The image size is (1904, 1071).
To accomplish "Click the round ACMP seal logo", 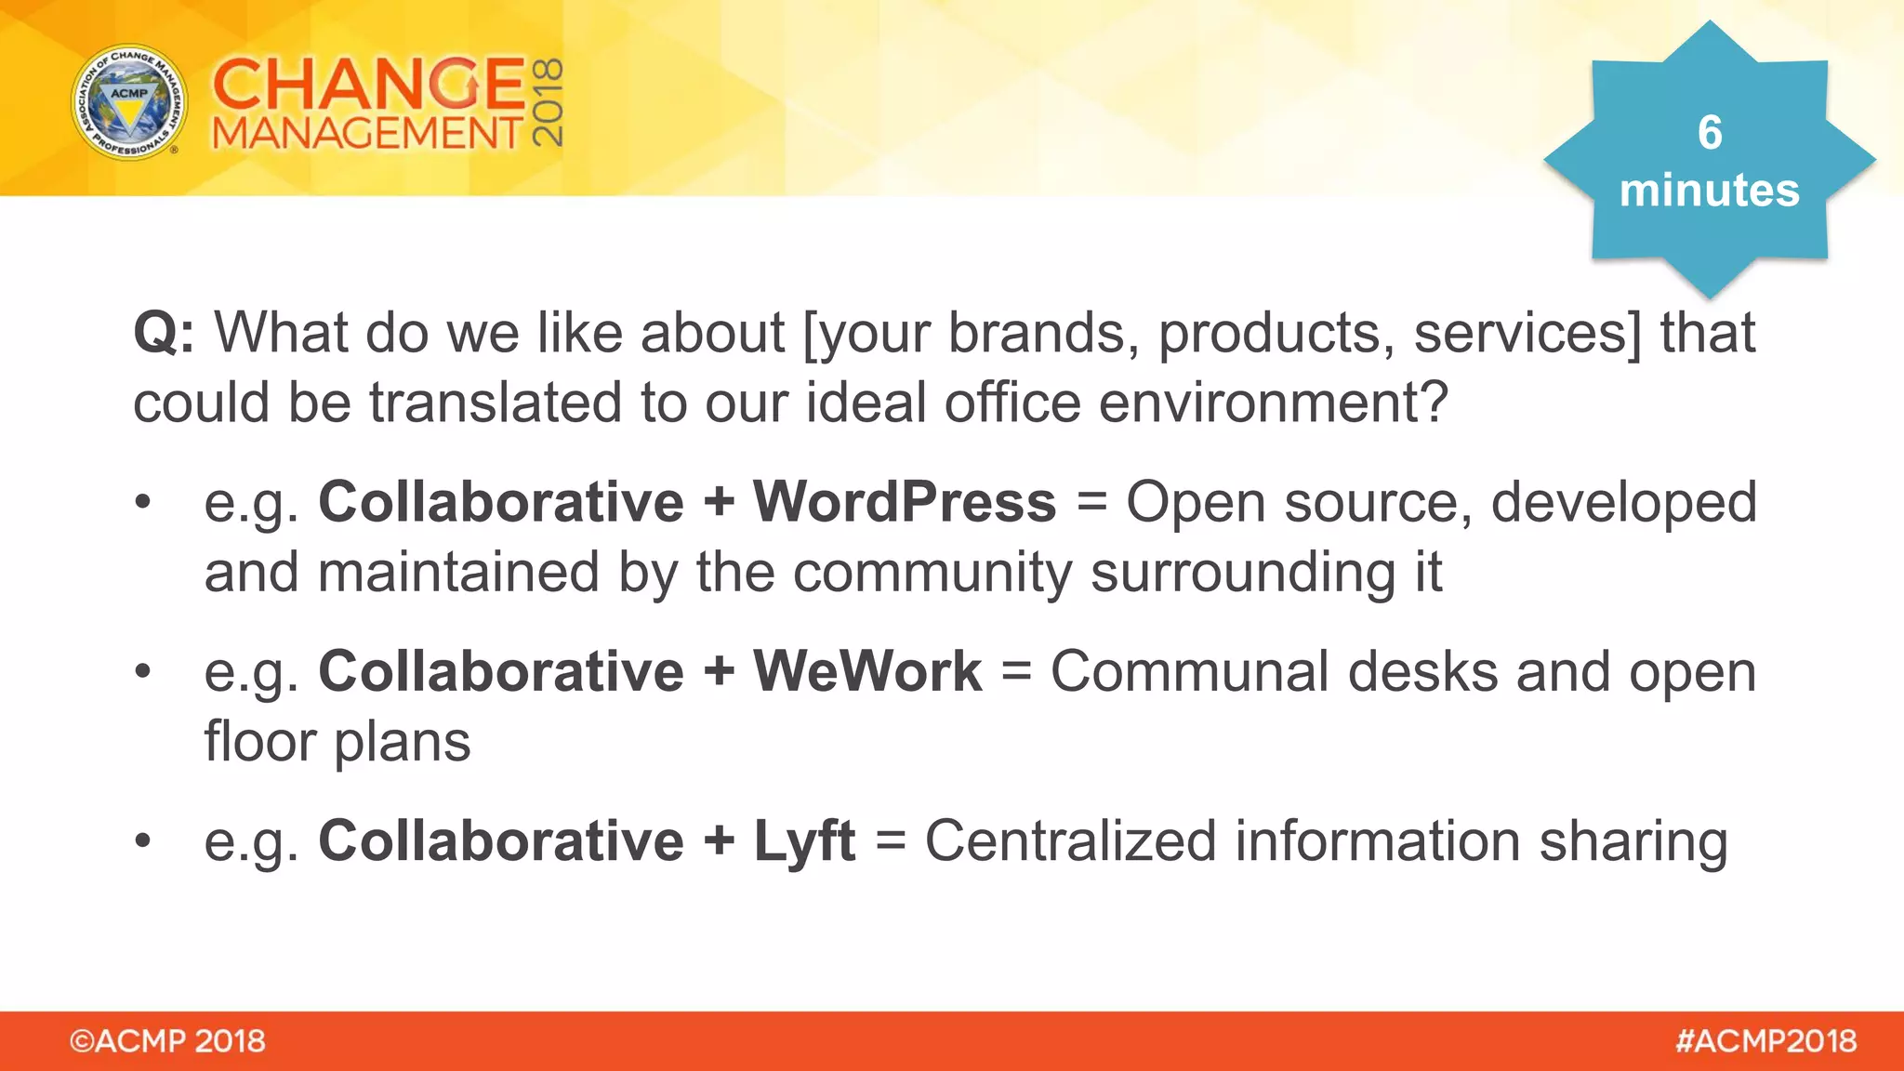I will click(129, 101).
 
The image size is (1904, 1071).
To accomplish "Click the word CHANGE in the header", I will click(368, 84).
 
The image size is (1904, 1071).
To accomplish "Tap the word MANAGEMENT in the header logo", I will click(367, 134).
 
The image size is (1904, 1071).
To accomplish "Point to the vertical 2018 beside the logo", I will click(548, 102).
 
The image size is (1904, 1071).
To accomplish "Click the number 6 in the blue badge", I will click(1709, 132).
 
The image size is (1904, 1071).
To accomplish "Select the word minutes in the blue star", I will click(1709, 190).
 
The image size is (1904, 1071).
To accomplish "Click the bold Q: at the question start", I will click(164, 332).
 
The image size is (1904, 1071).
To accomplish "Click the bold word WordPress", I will click(904, 502).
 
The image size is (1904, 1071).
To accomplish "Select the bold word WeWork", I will click(866, 671).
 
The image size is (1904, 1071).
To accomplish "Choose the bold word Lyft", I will click(803, 841).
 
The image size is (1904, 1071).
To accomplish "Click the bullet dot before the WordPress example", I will click(142, 502).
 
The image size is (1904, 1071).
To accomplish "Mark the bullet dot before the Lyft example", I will click(142, 841).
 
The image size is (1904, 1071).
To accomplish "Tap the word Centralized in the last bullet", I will click(1070, 841).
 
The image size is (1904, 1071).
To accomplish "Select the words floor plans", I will click(337, 742).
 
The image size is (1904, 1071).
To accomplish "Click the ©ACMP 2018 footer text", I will click(167, 1041).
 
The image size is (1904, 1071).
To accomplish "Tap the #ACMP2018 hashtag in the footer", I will click(1765, 1041).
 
